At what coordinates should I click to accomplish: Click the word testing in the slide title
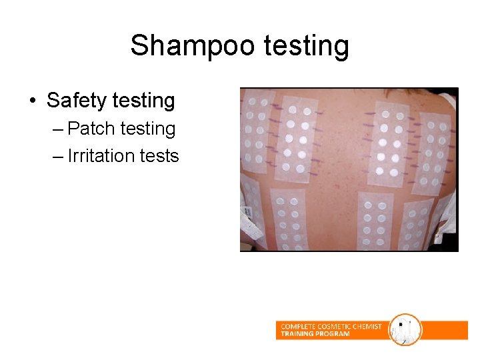tap(306, 46)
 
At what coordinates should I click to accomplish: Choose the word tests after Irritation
tap(159, 156)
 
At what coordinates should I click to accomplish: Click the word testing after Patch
tap(147, 128)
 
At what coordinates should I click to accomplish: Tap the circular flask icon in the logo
tap(405, 329)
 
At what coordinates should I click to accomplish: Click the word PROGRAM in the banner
tap(333, 334)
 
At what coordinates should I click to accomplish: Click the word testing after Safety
tap(143, 101)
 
